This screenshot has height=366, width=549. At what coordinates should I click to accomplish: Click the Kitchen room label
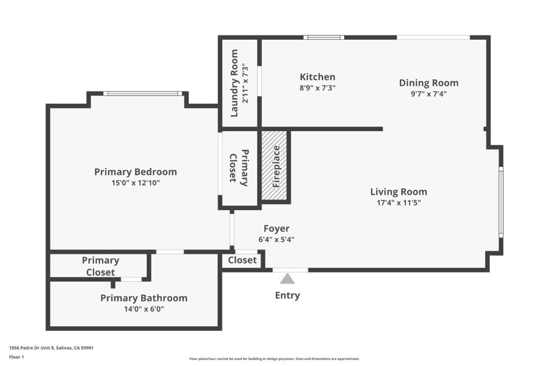(x=317, y=77)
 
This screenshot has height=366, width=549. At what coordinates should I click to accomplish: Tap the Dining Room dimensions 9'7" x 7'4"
(x=428, y=93)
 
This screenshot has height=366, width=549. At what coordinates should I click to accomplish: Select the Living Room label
(x=398, y=191)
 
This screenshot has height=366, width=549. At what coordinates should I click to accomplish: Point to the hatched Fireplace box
(x=276, y=166)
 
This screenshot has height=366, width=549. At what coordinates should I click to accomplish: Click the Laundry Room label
(x=234, y=83)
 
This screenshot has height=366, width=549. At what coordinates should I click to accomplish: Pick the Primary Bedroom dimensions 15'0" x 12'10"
(x=135, y=183)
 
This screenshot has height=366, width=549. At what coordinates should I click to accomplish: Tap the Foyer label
(x=276, y=229)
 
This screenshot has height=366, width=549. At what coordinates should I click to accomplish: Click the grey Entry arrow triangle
(x=288, y=278)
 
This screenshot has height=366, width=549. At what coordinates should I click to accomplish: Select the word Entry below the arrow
(x=287, y=295)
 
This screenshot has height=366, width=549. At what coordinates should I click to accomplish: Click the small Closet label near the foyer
(x=242, y=260)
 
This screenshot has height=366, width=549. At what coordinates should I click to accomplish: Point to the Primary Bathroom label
(x=144, y=298)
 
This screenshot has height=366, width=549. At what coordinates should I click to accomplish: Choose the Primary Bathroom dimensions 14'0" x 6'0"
(x=144, y=309)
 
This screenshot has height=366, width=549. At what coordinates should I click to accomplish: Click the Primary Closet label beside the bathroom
(x=100, y=266)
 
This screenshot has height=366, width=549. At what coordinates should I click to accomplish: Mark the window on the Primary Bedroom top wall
(x=143, y=94)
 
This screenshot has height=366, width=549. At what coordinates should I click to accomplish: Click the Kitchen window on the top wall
(x=324, y=38)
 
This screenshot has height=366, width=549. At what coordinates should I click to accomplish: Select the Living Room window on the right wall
(x=501, y=201)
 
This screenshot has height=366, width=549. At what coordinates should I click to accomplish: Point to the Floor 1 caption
(x=17, y=356)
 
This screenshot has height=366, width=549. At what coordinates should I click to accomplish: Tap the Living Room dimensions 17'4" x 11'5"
(x=398, y=203)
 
